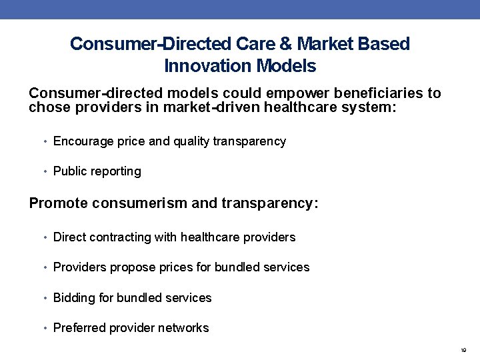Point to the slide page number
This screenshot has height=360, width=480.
(x=463, y=350)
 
